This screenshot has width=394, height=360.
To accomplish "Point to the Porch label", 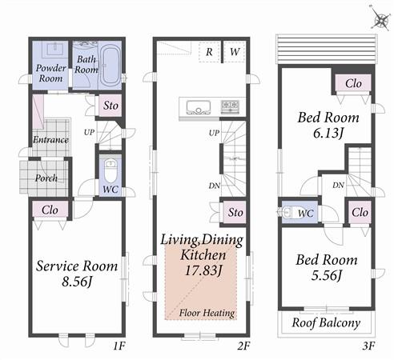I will coord(46,178).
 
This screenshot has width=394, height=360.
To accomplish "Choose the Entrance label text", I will coord(50,140).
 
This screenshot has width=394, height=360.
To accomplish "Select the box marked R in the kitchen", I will coord(209,52).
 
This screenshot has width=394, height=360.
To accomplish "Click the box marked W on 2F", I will coord(235,52).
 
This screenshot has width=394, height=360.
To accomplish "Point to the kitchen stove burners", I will coord(229,106).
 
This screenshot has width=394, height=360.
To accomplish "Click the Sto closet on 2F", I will coord(235,212).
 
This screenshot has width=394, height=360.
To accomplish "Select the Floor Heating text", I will coord(207,313).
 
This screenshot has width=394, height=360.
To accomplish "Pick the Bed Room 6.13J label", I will coord(328,125).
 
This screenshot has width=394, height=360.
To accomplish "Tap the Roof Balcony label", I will coord(327,324).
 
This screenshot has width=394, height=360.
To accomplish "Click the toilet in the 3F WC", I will coord(289,213).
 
